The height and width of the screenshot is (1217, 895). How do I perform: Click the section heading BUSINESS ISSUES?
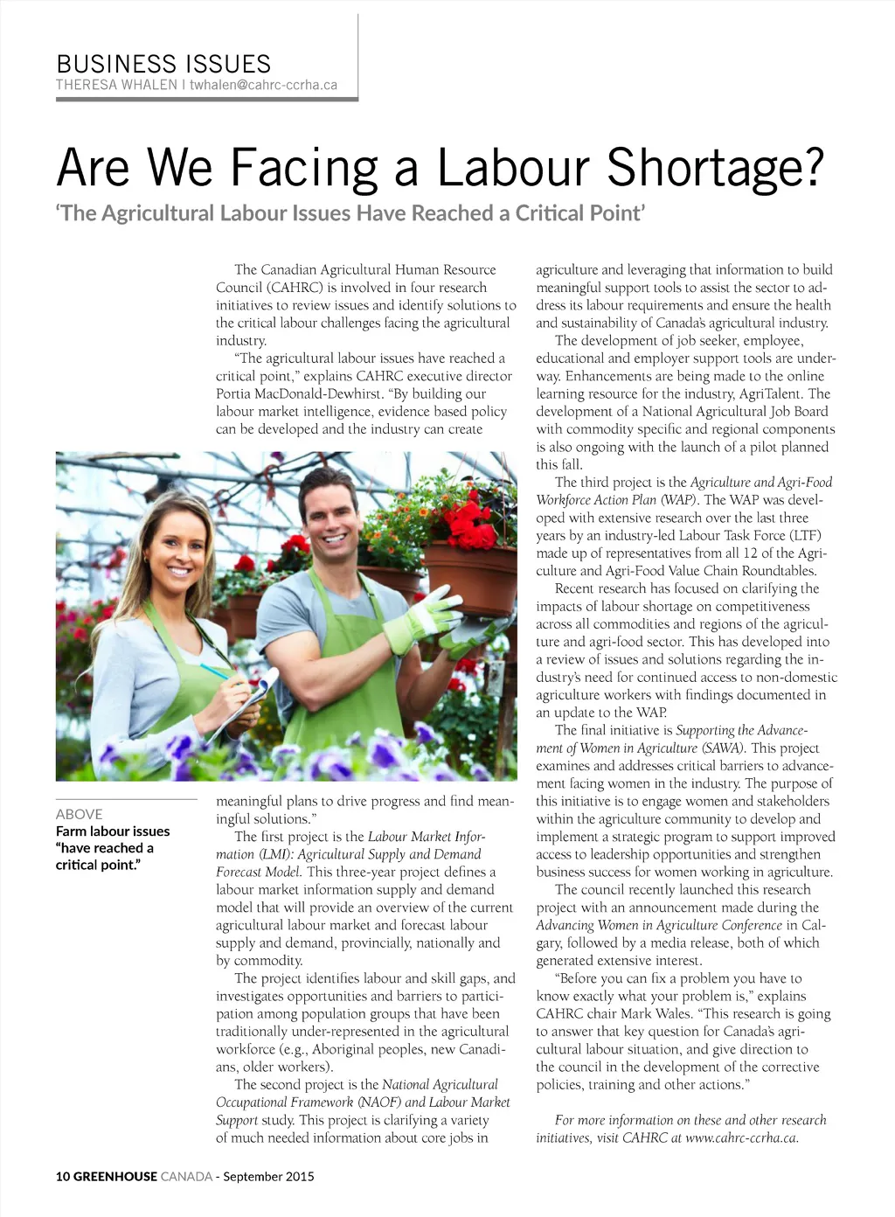pos(163,64)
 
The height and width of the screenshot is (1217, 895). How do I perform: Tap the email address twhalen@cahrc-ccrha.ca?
pos(263,85)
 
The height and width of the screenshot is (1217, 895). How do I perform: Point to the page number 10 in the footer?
pos(62,1176)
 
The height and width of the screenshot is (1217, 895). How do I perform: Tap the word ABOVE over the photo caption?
pos(79,814)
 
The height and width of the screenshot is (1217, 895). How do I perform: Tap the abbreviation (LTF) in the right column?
pos(803,535)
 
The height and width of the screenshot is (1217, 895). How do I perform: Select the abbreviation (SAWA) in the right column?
pos(723,748)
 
